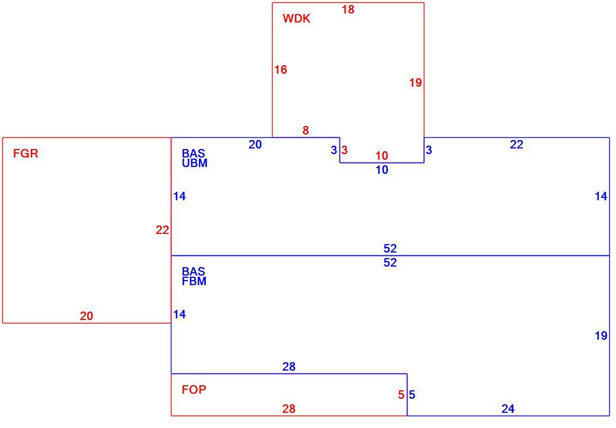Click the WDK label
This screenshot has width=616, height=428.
(x=296, y=19)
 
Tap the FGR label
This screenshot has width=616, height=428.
(x=25, y=154)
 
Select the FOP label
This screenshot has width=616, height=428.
(x=194, y=390)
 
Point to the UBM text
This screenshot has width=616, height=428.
(x=194, y=163)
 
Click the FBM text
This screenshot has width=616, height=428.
(x=194, y=281)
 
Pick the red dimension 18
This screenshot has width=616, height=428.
(x=348, y=10)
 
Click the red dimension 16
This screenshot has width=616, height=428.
(x=280, y=70)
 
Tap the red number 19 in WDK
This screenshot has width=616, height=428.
(x=415, y=83)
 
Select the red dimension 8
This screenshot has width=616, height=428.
(x=306, y=130)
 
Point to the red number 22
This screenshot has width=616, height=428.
(x=162, y=231)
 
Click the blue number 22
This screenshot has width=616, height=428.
(x=517, y=145)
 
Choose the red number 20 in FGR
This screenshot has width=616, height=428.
(x=87, y=316)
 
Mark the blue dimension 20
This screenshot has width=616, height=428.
(x=255, y=145)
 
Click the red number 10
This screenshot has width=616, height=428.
(x=382, y=156)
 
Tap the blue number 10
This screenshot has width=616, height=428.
(x=382, y=170)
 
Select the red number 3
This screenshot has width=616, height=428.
(x=345, y=150)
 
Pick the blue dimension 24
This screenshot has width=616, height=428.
(x=508, y=409)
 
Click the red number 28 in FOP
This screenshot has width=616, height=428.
(x=289, y=409)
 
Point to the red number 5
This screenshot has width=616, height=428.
(x=401, y=395)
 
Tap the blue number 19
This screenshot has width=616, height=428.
(x=601, y=336)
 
